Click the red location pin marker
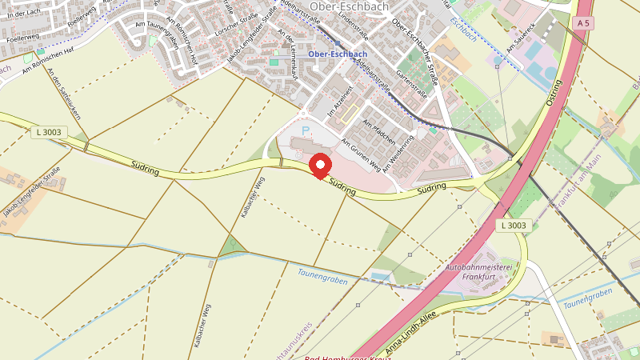tap(321, 166)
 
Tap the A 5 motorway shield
tap(584, 24)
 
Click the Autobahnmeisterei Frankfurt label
tap(482, 271)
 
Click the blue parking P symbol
tap(304, 129)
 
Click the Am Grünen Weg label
tap(361, 153)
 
